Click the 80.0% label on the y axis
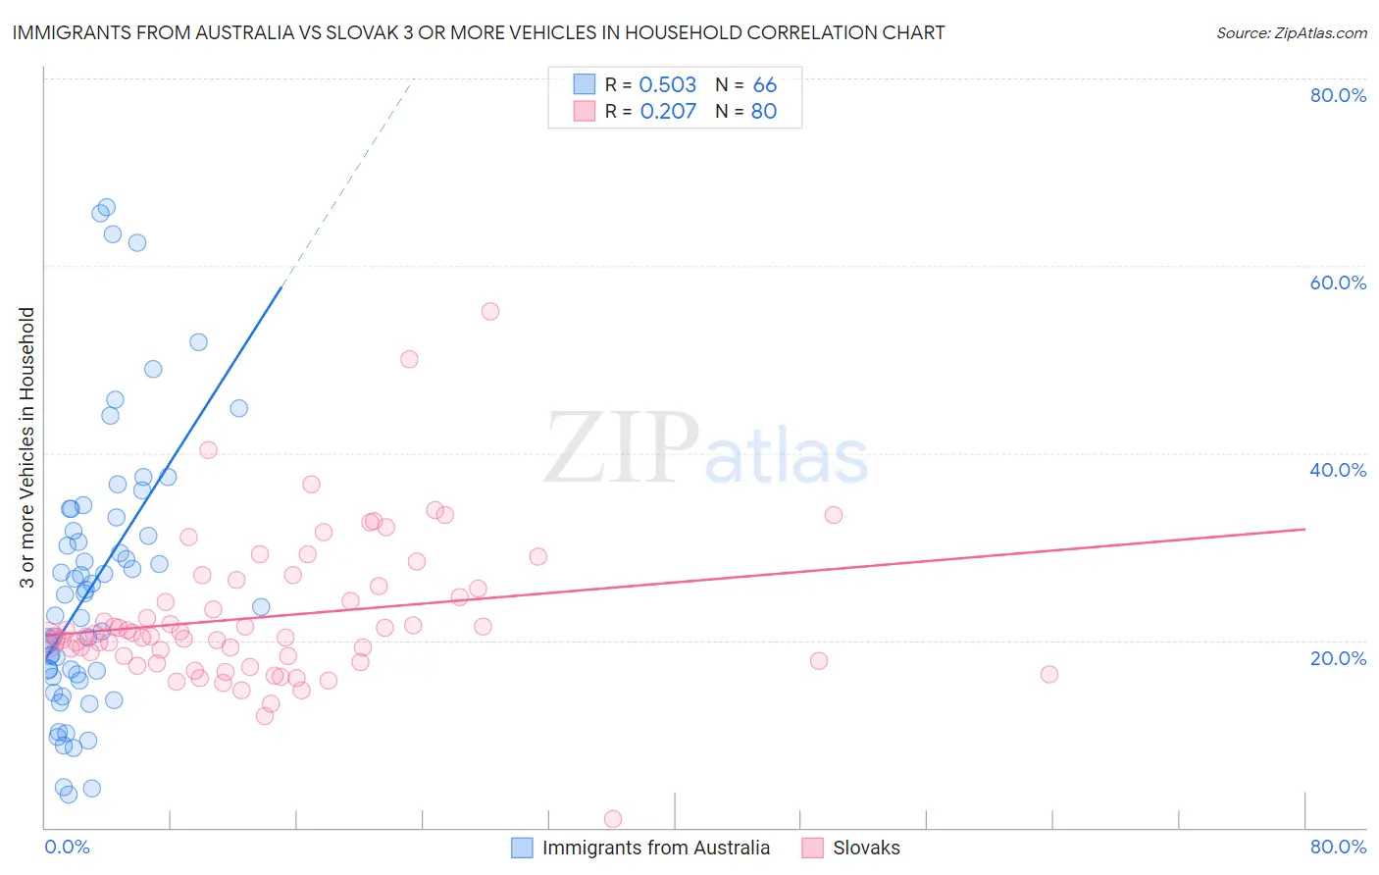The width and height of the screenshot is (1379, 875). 1338,95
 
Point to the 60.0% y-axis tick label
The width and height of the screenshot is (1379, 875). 1338,283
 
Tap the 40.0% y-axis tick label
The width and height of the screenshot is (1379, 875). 1338,470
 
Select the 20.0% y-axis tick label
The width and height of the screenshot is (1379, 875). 1338,657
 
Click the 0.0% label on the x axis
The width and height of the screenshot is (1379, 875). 67,847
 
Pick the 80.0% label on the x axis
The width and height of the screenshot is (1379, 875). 1338,847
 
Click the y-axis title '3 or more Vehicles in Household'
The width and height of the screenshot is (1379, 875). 26,447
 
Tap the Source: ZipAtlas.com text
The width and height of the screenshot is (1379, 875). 1291,32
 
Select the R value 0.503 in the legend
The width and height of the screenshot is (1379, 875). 667,84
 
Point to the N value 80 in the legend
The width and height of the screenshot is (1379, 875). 763,111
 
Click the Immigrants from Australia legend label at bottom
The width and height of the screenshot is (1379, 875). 655,848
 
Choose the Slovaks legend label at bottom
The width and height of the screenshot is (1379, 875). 866,848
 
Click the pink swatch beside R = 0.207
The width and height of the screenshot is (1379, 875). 585,111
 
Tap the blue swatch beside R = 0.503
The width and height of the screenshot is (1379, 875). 585,84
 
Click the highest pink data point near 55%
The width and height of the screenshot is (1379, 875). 490,311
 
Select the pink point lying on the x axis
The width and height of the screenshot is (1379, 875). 613,819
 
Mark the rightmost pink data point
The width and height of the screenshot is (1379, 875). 1049,674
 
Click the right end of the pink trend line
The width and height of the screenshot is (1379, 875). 1304,529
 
